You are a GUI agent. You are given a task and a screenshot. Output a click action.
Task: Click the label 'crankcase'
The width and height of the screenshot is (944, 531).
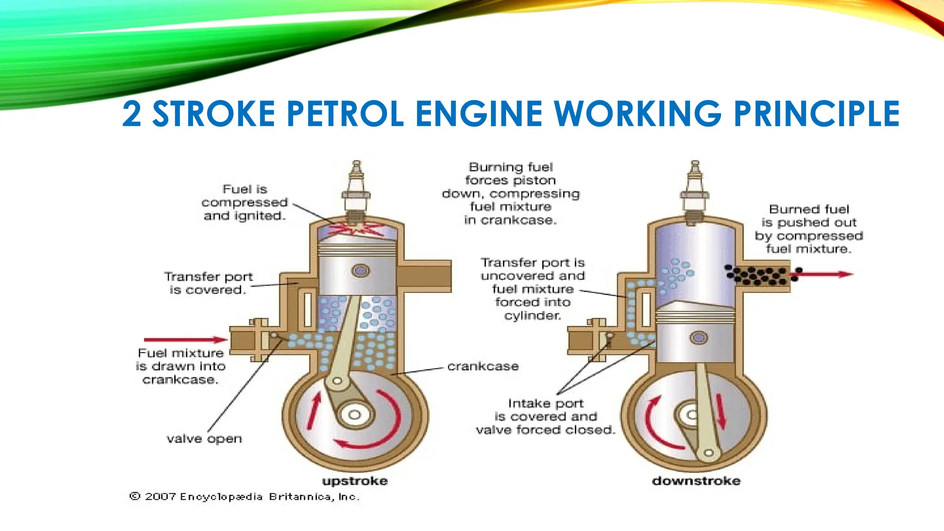click(x=483, y=366)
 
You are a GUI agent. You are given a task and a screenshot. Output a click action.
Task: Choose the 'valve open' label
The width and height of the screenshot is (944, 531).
click(x=204, y=438)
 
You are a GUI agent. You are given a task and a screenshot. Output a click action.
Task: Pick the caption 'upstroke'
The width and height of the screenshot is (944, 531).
click(x=355, y=481)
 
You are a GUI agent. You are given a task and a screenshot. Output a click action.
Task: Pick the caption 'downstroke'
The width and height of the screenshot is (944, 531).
click(x=696, y=481)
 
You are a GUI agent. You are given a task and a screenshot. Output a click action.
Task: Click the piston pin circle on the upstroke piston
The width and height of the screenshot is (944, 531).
click(x=360, y=271)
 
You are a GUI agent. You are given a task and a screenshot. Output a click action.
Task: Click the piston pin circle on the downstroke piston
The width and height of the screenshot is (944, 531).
click(x=698, y=338)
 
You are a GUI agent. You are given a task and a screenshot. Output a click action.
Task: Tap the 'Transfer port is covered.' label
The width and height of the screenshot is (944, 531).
click(x=208, y=283)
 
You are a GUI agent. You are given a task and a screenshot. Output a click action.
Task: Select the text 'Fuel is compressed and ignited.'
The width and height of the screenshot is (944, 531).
click(x=244, y=202)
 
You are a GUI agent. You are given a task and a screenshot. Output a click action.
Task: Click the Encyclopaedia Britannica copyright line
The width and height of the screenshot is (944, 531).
click(x=244, y=496)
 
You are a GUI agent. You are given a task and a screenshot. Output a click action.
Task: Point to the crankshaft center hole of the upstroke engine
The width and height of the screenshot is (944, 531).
click(x=354, y=414)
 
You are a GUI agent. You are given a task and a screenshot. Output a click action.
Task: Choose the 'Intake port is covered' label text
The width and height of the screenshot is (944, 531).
click(x=546, y=416)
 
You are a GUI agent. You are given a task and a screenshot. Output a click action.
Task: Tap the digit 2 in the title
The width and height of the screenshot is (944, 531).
click(x=132, y=114)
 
